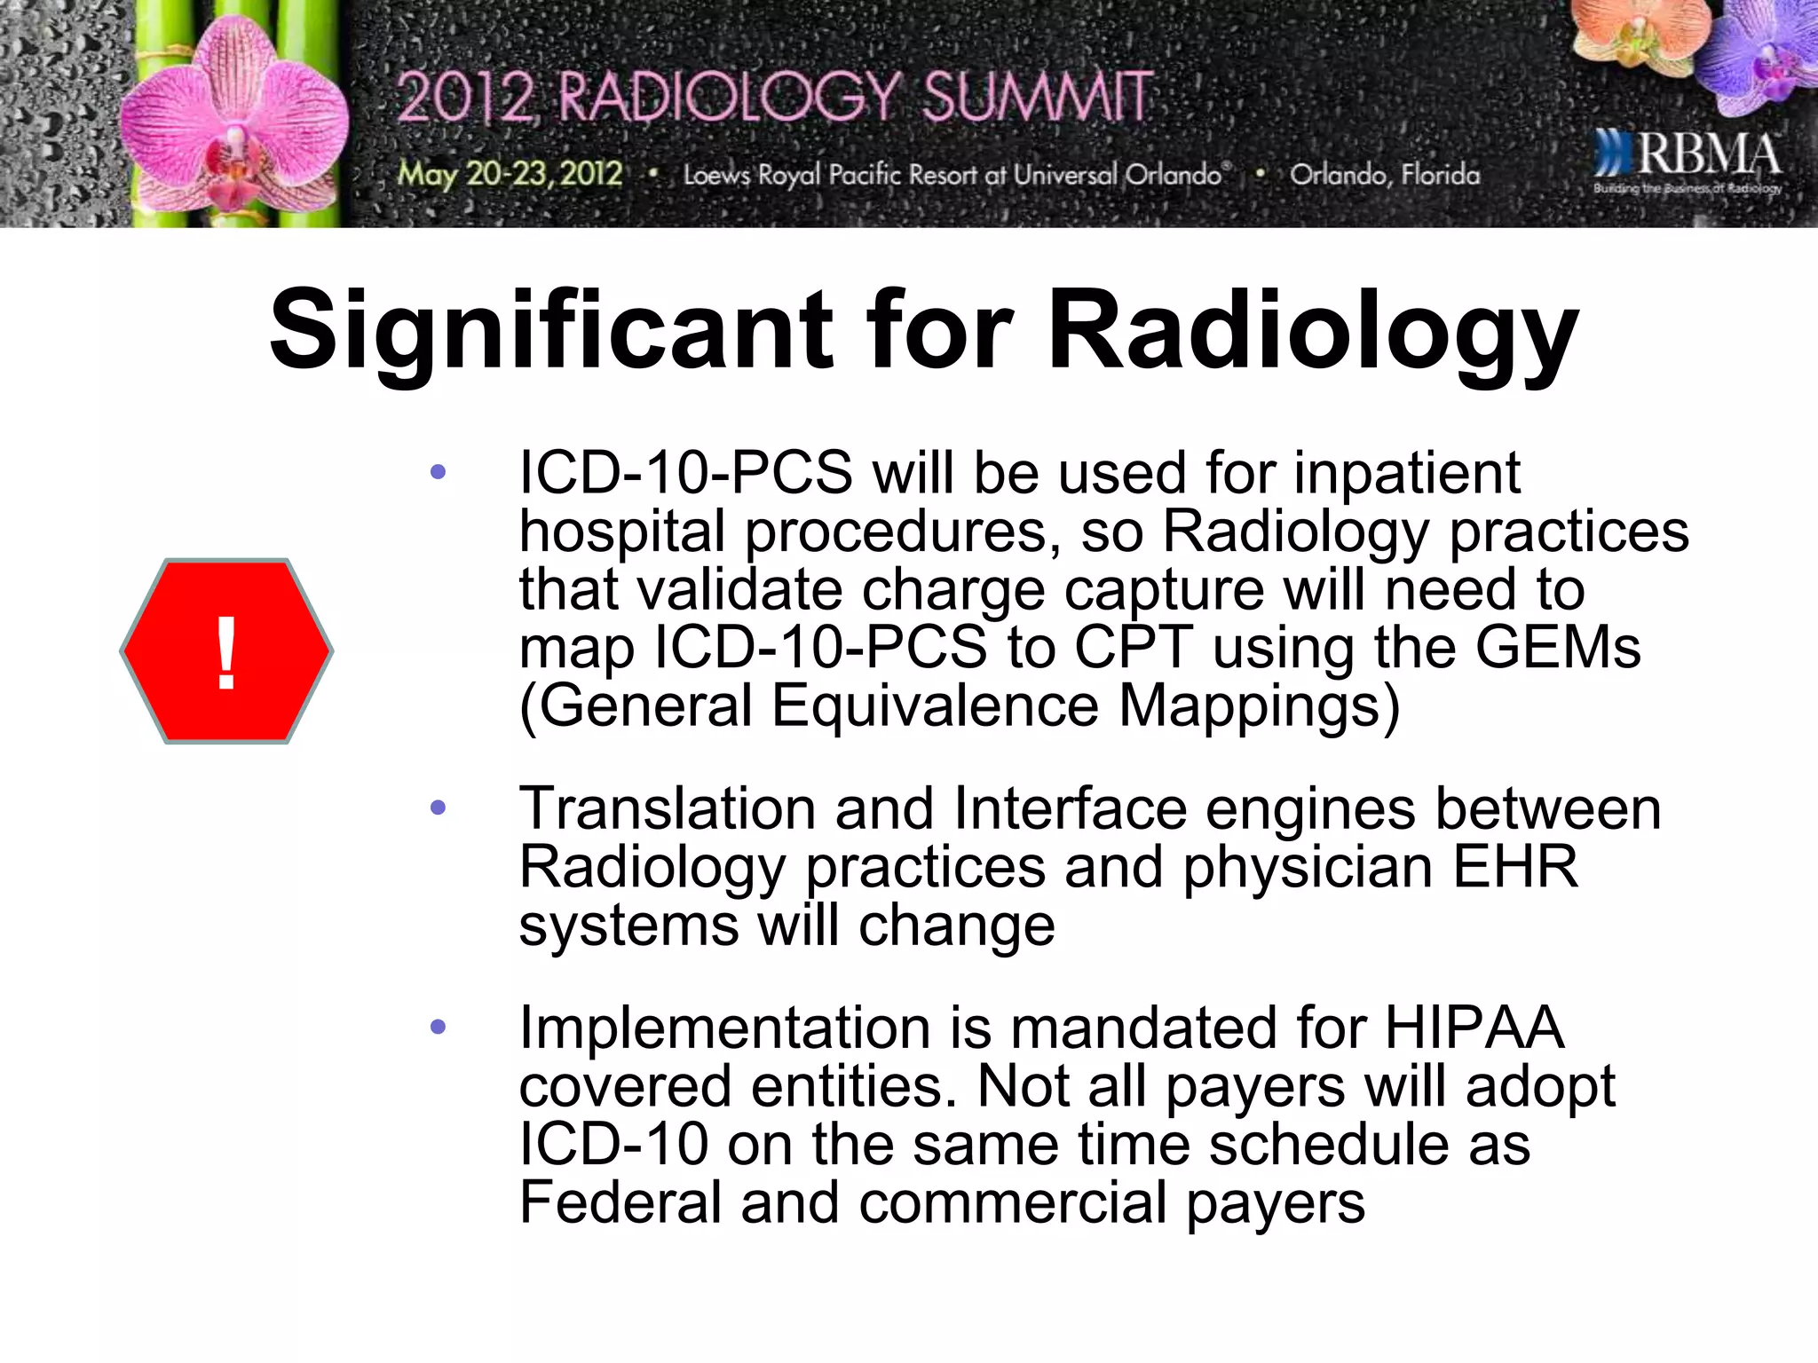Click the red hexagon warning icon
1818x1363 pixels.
[x=226, y=651]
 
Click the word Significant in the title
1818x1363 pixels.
[x=550, y=331]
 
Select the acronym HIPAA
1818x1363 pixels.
[x=1474, y=1028]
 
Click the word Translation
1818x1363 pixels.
[x=667, y=808]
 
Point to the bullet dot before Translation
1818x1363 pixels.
[x=438, y=808]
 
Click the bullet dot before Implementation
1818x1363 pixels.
[x=438, y=1028]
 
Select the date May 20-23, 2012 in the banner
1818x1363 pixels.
[x=510, y=173]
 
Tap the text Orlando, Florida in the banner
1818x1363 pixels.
[x=1385, y=175]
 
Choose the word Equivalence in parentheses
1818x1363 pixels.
[x=935, y=706]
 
